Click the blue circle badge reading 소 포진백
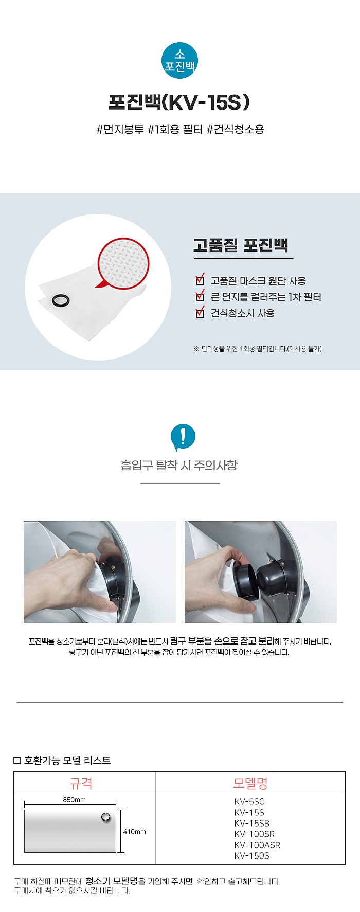[180, 61]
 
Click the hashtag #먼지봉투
[120, 129]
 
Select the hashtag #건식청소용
[236, 129]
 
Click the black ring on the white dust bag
[61, 300]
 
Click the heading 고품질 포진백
[241, 245]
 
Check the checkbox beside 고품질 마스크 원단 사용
[200, 280]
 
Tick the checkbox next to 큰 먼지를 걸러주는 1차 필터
[200, 297]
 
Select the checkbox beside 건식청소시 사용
[200, 313]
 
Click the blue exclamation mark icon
[183, 436]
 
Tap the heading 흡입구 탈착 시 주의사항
[179, 466]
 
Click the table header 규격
[81, 783]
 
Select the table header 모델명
[250, 783]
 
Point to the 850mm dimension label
[75, 800]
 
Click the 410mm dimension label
[135, 832]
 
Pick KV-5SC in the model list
[249, 801]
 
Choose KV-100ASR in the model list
[257, 845]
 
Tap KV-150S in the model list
[251, 855]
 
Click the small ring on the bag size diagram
[106, 817]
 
